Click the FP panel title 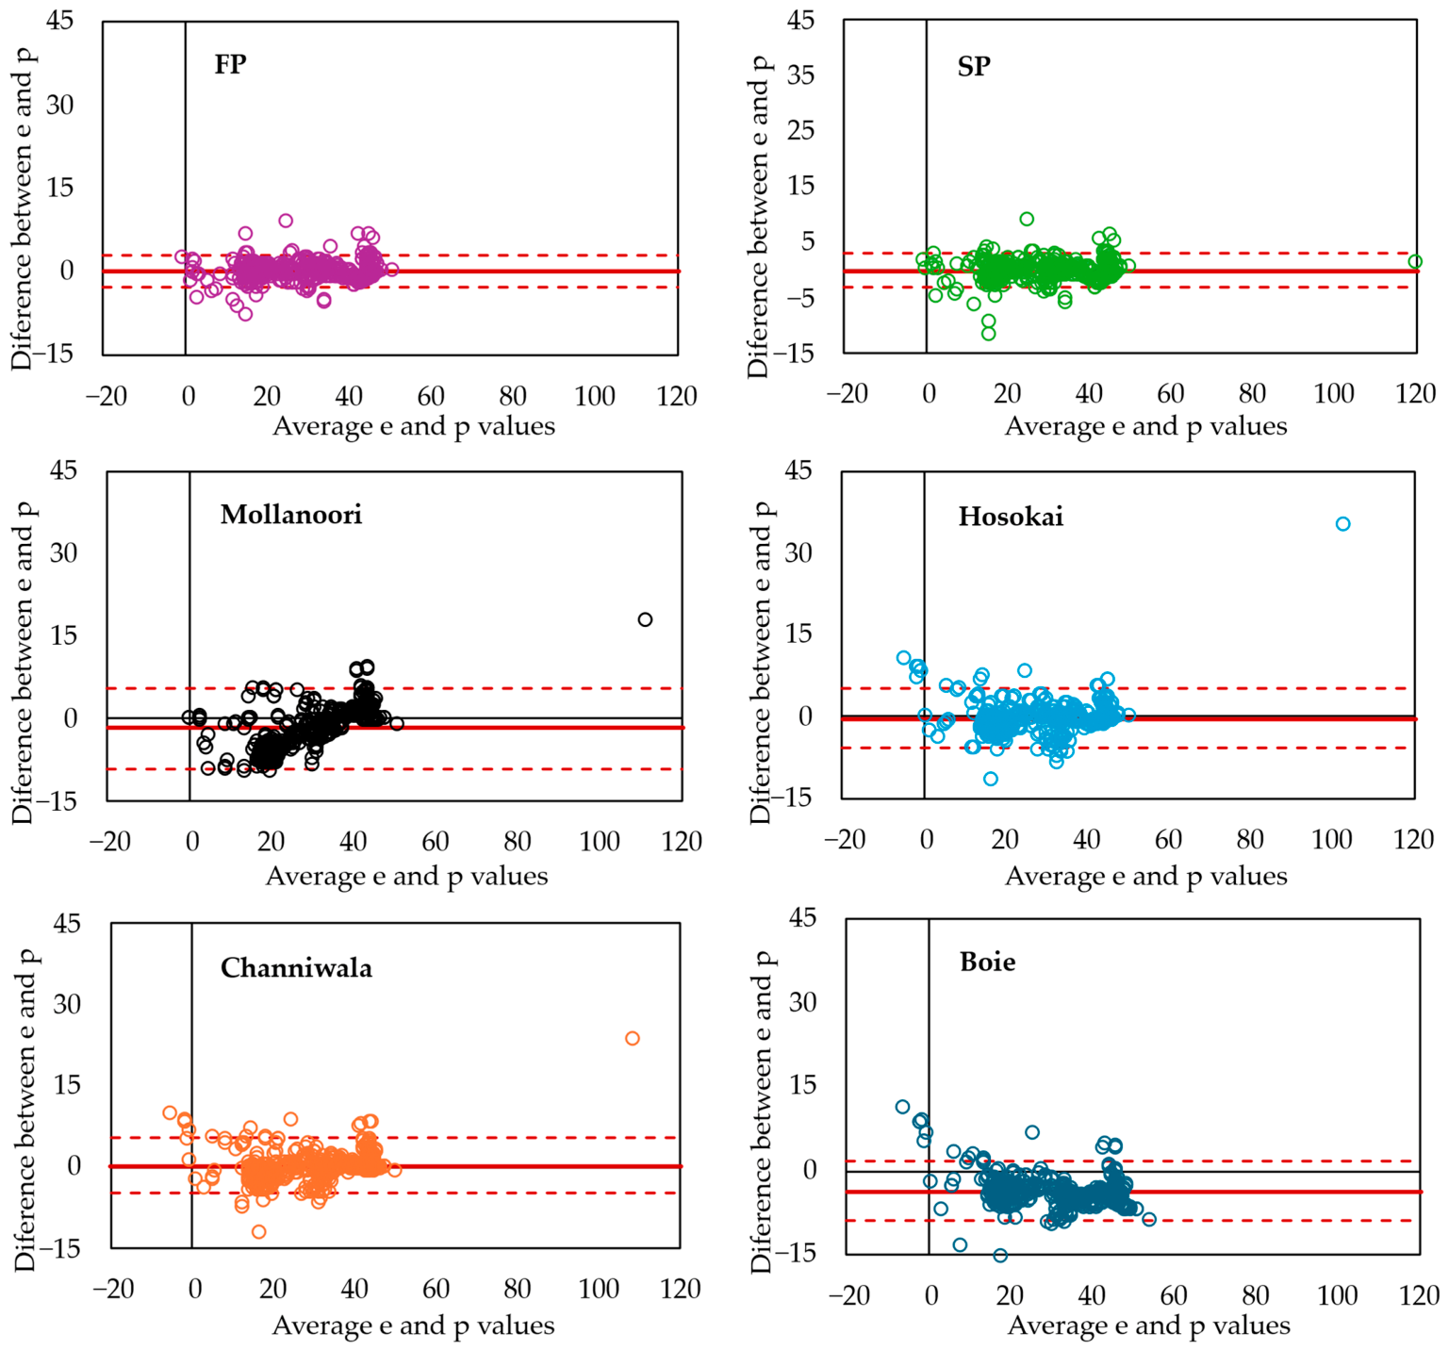click(x=230, y=64)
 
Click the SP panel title click(x=974, y=66)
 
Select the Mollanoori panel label click(x=291, y=515)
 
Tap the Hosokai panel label click(x=1011, y=517)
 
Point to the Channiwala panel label click(x=296, y=968)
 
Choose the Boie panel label click(x=988, y=962)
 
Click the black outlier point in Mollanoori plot click(x=645, y=619)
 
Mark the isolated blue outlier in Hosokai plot click(x=1342, y=524)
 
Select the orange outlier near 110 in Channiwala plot click(x=633, y=1039)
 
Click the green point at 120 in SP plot click(x=1414, y=261)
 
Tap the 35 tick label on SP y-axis click(x=801, y=75)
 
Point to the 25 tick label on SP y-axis click(x=801, y=130)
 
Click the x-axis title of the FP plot click(x=414, y=427)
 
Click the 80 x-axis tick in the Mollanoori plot click(x=518, y=841)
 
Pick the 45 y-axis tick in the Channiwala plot click(x=67, y=923)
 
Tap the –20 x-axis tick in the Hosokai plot click(x=845, y=839)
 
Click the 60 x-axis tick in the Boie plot click(x=1174, y=1295)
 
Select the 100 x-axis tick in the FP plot click(x=595, y=396)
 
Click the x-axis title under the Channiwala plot click(x=414, y=1326)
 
